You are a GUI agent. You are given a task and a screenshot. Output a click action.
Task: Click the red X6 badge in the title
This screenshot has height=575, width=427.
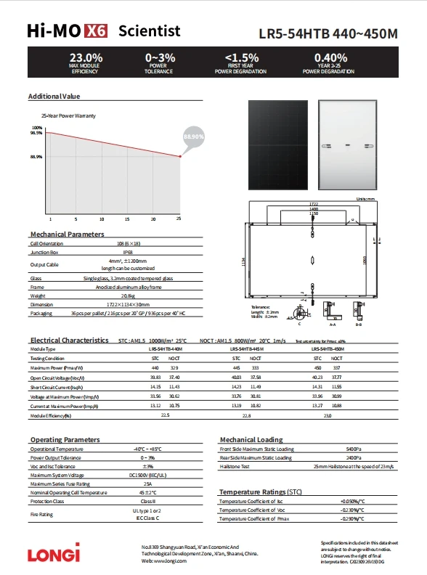tap(95, 31)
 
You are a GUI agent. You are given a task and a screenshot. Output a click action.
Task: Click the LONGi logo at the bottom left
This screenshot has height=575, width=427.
tap(54, 554)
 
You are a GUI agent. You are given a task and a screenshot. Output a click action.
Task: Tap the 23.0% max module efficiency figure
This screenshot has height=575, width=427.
tap(86, 57)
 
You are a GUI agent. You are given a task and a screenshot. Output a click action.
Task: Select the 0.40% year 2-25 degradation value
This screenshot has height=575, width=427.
tap(330, 57)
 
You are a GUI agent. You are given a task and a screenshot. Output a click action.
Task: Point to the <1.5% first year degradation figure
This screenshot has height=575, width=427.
tap(242, 57)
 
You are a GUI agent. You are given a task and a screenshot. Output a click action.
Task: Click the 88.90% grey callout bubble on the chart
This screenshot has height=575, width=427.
tap(194, 136)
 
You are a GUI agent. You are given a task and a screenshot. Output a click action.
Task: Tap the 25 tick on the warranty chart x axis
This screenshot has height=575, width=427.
tap(178, 219)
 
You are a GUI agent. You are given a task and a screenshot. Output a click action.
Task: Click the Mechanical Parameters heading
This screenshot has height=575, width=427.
tap(67, 235)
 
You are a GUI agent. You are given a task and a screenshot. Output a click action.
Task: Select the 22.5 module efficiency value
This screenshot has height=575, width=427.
tap(165, 415)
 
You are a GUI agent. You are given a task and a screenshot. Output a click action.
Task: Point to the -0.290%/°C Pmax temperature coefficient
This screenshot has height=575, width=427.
tap(352, 519)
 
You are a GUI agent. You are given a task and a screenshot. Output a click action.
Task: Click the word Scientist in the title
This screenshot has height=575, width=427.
tap(149, 31)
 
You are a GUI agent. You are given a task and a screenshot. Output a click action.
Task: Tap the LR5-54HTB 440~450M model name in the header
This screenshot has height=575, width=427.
tap(328, 33)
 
